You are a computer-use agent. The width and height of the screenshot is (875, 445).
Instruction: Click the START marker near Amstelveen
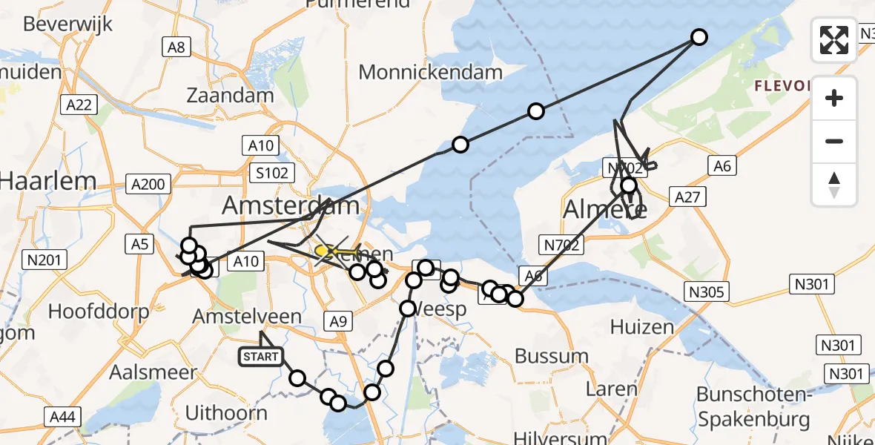click(260, 357)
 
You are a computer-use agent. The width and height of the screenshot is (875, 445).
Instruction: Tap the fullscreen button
click(834, 40)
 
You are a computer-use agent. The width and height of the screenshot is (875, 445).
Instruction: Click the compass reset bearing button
click(834, 184)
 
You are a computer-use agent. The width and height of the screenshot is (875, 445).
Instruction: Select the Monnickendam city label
click(431, 72)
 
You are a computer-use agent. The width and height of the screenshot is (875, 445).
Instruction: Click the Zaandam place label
click(231, 96)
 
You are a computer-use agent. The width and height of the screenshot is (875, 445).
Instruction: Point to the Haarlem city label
click(49, 180)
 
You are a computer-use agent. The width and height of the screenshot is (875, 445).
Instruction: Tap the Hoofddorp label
click(99, 311)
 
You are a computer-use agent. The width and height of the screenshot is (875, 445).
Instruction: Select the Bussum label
click(552, 356)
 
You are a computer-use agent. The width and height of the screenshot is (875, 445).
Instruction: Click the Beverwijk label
click(68, 24)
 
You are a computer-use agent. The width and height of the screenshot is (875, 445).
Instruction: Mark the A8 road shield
click(176, 47)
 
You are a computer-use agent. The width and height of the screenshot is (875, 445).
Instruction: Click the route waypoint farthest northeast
click(699, 36)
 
